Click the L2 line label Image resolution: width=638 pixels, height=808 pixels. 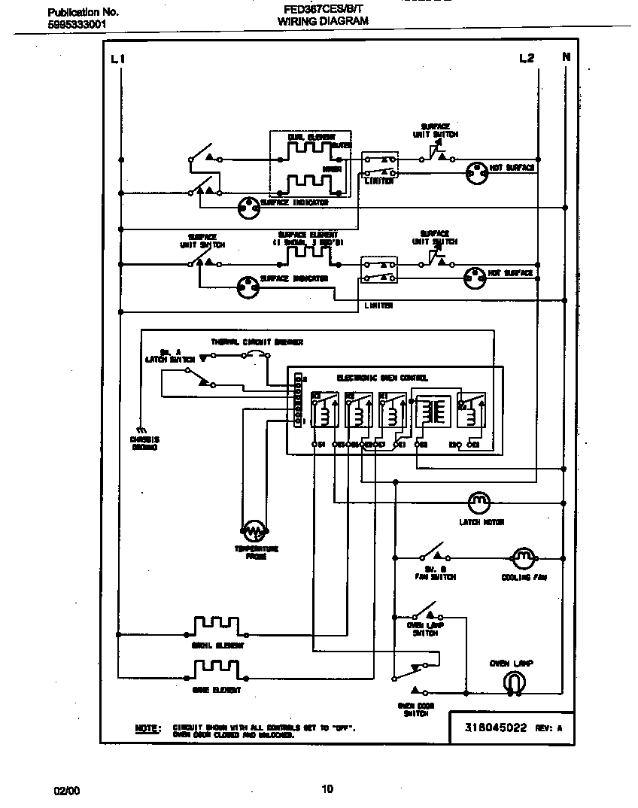point(526,59)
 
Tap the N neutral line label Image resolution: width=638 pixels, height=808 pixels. point(565,58)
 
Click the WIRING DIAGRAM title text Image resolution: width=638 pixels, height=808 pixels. point(323,22)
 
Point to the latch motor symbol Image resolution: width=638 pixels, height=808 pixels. point(478,501)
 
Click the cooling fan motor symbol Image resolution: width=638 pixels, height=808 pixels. point(523,557)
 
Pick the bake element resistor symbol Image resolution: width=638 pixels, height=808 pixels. point(216,669)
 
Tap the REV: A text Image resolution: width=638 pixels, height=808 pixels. point(548,728)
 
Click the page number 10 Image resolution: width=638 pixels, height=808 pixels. point(327,789)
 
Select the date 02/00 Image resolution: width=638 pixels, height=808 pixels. point(66,790)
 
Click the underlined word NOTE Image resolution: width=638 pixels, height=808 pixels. point(147,728)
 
